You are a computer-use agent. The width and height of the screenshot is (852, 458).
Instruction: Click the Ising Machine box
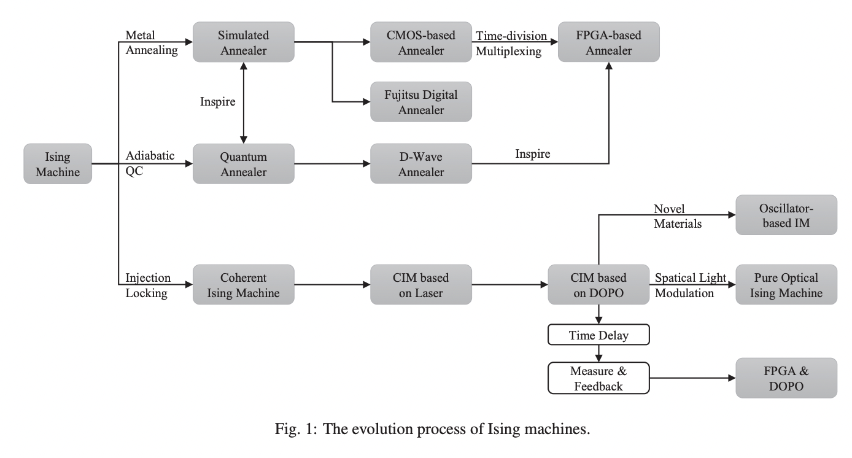(58, 164)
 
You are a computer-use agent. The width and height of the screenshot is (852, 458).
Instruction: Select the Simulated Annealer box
(243, 42)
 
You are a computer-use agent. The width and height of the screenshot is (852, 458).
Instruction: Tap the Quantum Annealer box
(243, 164)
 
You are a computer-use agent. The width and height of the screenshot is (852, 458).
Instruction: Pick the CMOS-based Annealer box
(421, 42)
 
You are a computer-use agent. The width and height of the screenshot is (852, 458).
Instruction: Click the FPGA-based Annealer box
(608, 42)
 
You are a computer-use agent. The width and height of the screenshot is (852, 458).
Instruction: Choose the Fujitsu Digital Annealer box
(421, 102)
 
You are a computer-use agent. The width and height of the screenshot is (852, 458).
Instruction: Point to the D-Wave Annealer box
(421, 164)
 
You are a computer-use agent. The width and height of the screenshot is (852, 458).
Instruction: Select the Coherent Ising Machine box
(243, 285)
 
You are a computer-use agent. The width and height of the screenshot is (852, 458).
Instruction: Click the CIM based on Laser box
(421, 285)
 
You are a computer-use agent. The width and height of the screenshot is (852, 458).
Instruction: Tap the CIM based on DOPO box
(598, 285)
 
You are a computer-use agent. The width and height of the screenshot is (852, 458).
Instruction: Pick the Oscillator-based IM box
(786, 215)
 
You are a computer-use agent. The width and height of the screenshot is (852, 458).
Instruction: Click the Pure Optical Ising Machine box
(786, 285)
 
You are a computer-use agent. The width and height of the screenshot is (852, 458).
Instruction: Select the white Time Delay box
(598, 335)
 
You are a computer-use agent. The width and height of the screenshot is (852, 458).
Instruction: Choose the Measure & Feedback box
(598, 378)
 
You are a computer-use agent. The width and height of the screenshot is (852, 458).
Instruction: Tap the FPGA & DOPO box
(786, 378)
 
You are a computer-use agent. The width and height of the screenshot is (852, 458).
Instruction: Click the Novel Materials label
(678, 216)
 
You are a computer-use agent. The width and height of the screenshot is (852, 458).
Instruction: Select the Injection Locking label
(148, 285)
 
